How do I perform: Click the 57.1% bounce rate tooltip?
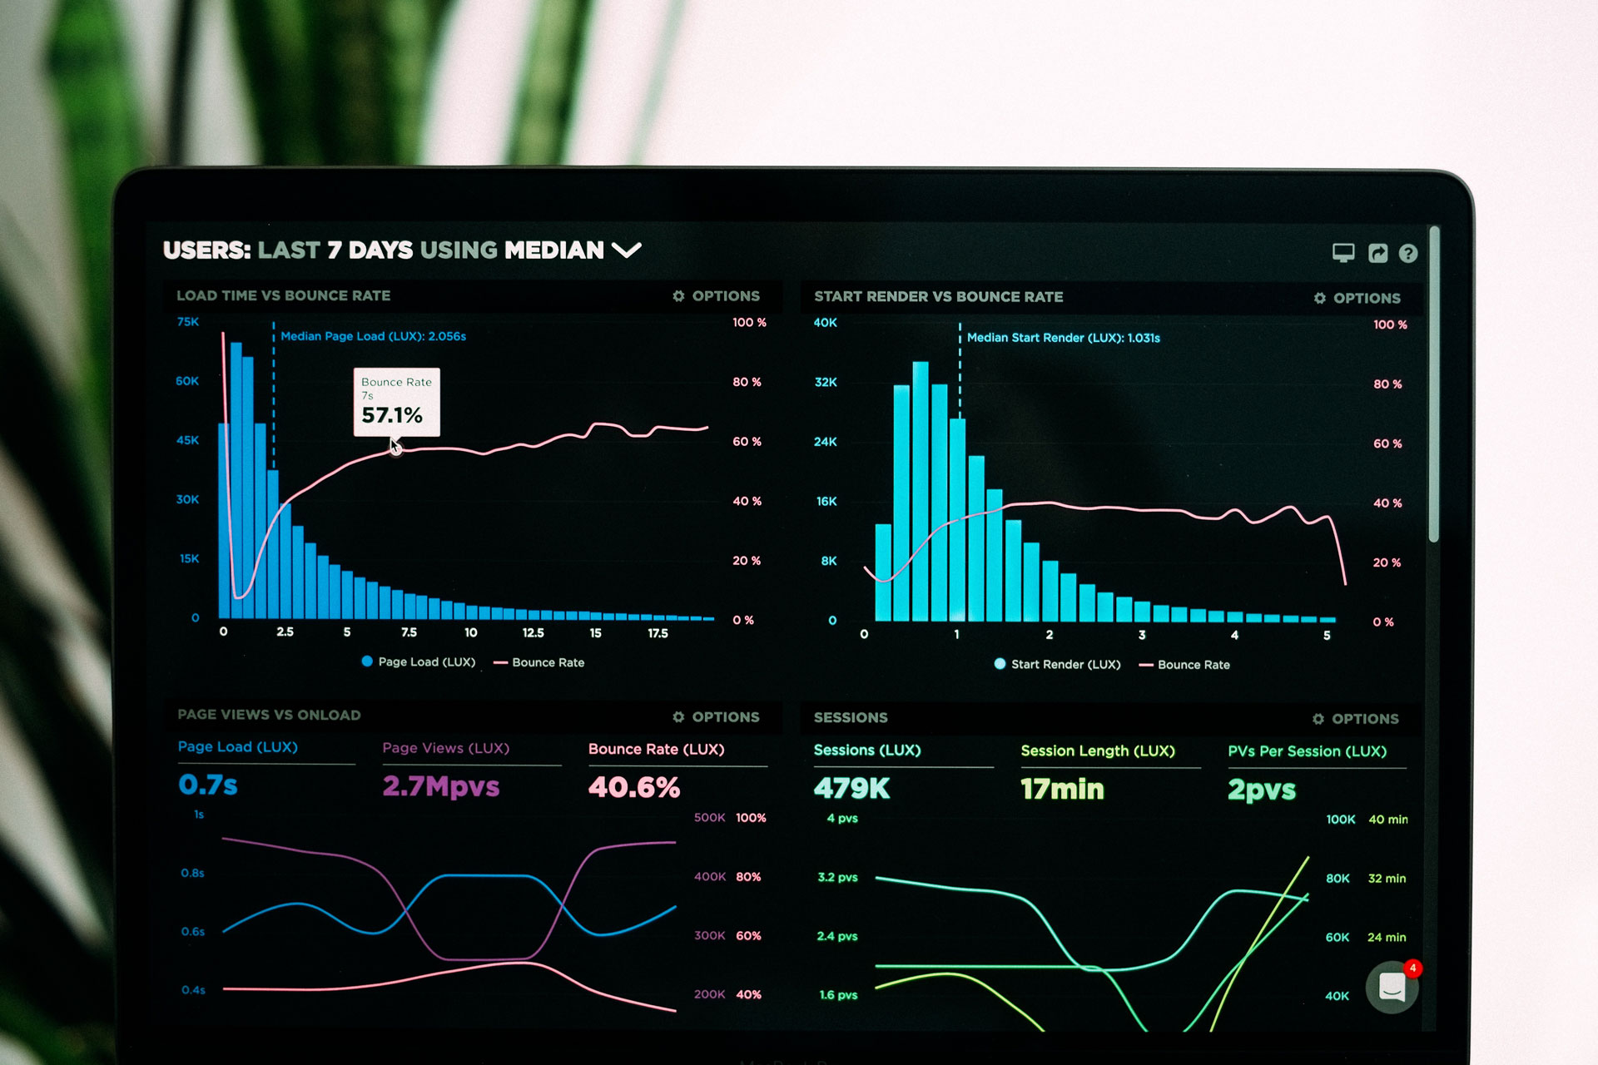[x=396, y=403]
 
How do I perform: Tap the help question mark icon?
[x=1407, y=254]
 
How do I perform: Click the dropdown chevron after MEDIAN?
[x=627, y=250]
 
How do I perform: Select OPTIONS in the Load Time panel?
[x=717, y=296]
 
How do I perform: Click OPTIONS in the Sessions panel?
[x=1356, y=719]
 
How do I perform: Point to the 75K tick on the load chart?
[x=188, y=322]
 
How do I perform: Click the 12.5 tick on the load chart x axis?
[x=533, y=633]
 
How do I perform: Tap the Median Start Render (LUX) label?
[x=1063, y=338]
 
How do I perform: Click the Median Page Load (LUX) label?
[x=373, y=336]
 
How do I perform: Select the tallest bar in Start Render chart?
[x=921, y=491]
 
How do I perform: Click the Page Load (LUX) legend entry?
[x=419, y=662]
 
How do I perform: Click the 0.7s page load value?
[x=208, y=785]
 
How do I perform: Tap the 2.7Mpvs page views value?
[x=441, y=786]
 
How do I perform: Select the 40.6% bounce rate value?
[x=634, y=787]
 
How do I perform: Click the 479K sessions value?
[x=852, y=788]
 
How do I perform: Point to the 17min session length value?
[x=1063, y=789]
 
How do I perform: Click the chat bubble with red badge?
[x=1392, y=987]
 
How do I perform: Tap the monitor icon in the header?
[x=1343, y=253]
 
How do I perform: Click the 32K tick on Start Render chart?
[x=826, y=383]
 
